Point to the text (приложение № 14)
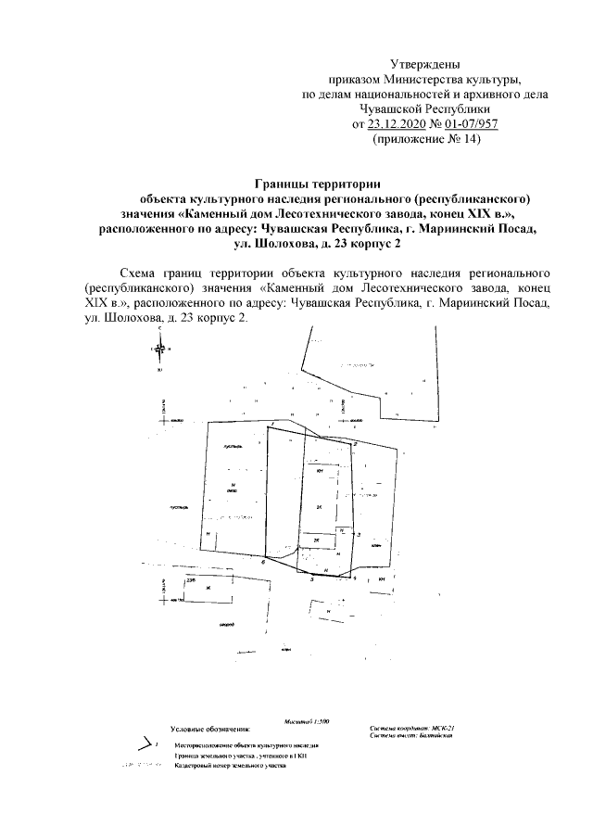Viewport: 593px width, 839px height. (x=426, y=139)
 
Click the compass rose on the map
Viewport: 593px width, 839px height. (x=159, y=349)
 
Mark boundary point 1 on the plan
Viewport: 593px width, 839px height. (x=273, y=424)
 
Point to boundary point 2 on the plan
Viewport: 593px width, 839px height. (x=356, y=444)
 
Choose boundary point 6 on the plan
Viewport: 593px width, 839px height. (x=262, y=562)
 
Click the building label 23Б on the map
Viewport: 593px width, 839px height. (x=192, y=579)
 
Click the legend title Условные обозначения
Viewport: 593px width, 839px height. (x=211, y=731)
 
